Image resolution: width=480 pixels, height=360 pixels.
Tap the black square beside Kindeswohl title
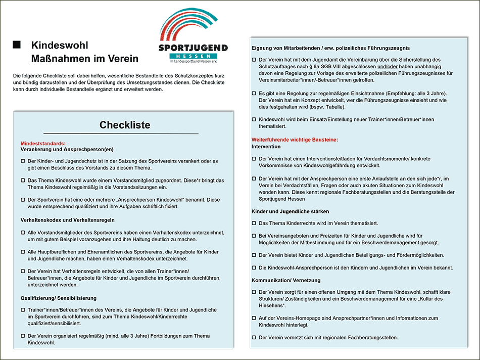(17, 44)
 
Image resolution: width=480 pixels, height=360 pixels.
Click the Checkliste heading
(125, 125)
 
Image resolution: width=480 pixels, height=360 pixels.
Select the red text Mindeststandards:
(43, 144)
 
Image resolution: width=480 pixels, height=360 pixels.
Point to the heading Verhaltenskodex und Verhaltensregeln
(67, 220)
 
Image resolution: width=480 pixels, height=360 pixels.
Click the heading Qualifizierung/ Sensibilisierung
(58, 298)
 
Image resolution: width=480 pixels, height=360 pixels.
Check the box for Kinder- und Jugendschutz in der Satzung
(23, 161)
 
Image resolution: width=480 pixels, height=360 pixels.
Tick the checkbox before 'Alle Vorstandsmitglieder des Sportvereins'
(23, 233)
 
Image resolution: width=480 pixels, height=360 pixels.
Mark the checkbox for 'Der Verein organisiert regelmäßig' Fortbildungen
(23, 336)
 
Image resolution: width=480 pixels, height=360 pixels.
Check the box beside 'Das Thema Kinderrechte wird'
(254, 223)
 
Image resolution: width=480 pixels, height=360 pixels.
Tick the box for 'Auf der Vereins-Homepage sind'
(254, 318)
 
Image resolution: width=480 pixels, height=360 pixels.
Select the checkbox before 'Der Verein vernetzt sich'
(254, 337)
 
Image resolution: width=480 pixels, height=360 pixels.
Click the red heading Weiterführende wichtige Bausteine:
(295, 140)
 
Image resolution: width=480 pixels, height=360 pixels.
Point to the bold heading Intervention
(266, 147)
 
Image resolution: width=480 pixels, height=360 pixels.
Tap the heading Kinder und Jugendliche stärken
(290, 211)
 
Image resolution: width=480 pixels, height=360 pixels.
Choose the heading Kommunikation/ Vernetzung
(286, 280)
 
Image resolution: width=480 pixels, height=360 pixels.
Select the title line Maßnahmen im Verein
(84, 59)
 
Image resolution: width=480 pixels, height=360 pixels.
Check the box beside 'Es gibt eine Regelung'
(254, 94)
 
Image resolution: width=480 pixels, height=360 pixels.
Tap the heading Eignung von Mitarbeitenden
(330, 48)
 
